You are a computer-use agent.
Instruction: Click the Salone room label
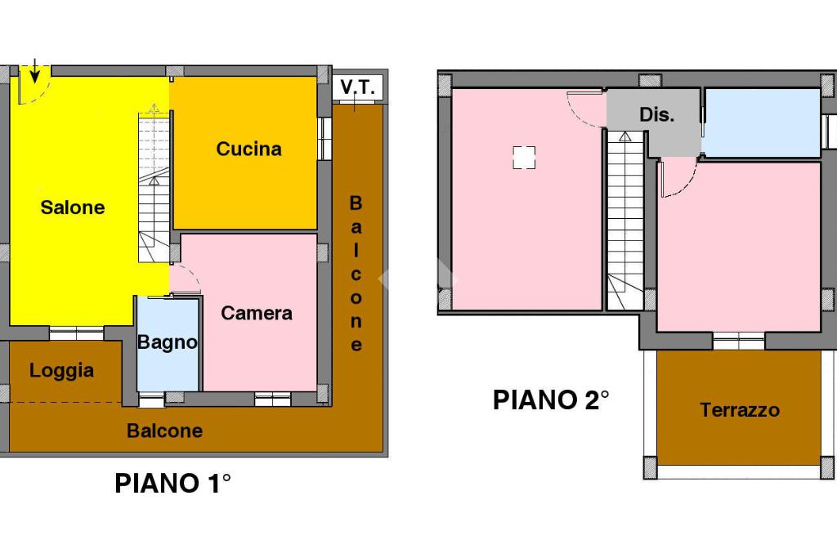pos(73,208)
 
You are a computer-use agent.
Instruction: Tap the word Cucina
pos(248,149)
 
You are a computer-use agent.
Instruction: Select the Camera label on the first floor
pos(256,313)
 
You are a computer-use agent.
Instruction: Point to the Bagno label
pos(168,342)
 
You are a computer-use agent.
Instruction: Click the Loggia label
pos(61,371)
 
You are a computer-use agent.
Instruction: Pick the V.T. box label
pos(357,87)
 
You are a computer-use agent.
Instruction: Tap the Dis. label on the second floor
pos(656,115)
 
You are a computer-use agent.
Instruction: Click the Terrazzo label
pos(739,410)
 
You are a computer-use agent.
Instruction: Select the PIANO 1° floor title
pos(172,484)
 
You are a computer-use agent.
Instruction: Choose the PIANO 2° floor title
pos(551,400)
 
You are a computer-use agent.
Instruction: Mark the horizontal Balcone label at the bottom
pos(164,431)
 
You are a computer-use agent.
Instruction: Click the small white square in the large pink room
pos(524,157)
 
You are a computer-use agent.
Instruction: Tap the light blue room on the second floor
pos(762,123)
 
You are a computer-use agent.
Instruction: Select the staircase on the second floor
pos(625,221)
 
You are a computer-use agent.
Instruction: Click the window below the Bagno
pos(151,400)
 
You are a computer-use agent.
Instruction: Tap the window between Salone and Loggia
pos(76,333)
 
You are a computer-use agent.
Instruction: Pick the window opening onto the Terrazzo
pos(738,340)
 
